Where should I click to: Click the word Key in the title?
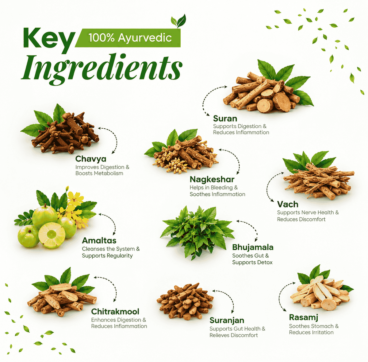49,40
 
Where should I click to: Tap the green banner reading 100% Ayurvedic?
128,38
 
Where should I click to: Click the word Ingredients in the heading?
101,69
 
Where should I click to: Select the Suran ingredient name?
225,119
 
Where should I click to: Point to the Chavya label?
91,159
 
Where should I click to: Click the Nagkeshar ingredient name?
212,180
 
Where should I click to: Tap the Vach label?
288,204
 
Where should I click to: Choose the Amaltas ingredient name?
99,241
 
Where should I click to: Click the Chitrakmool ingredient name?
115,312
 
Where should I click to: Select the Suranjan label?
227,321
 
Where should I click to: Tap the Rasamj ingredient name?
304,317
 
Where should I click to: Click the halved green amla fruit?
52,235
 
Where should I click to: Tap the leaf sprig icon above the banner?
178,21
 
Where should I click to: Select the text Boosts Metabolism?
99,173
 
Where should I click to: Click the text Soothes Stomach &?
314,326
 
